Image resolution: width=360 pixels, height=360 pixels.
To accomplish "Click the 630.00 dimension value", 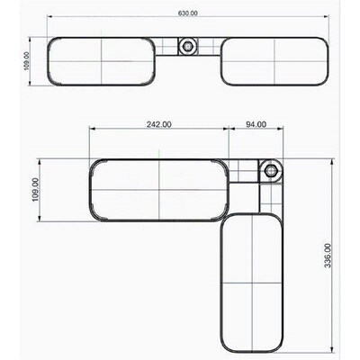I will coord(188,13).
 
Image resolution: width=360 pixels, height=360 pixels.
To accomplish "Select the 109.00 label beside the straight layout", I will coord(27,60).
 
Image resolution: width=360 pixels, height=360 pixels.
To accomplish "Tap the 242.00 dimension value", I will coord(158,124).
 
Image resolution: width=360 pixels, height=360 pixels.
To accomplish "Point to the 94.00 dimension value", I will coord(256,124).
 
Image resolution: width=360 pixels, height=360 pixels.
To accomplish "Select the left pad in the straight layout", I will coord(103,62).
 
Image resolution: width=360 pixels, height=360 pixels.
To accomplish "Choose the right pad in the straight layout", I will coord(273,62).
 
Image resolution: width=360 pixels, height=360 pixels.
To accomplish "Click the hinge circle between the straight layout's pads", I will coord(188,46).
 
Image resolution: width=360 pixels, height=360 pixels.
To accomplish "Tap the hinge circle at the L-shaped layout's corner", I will coord(268,171).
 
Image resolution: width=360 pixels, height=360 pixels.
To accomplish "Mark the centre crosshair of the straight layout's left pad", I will coord(103,62).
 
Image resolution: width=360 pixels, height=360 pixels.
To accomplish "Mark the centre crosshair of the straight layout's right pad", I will coord(273,62).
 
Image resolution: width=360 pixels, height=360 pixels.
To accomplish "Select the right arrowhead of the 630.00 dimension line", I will coord(327,19).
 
